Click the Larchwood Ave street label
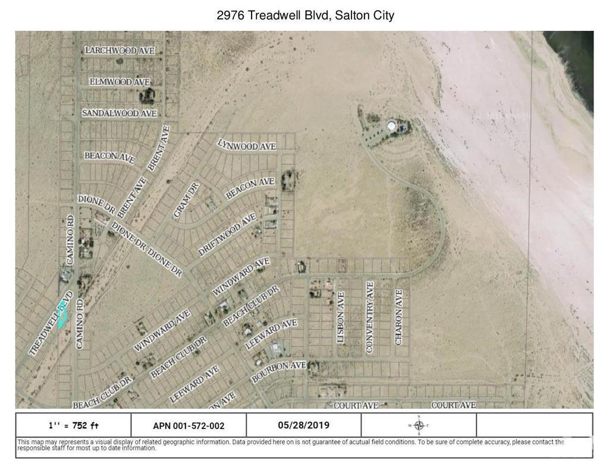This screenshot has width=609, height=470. (120, 51)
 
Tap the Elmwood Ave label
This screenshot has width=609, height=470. (120, 81)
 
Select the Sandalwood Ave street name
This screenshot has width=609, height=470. (119, 113)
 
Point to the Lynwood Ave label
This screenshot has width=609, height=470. (247, 144)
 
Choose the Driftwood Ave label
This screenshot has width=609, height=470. (228, 235)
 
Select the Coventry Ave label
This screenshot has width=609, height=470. (369, 317)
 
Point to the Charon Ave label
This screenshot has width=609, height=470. (398, 317)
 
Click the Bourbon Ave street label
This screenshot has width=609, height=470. (278, 371)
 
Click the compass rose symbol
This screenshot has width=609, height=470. (419, 425)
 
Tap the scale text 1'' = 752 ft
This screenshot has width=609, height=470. (73, 425)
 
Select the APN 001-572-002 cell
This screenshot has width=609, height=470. (189, 425)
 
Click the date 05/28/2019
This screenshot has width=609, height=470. (303, 425)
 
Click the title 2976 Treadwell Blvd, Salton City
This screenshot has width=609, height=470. (305, 15)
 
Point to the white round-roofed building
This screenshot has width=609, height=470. (393, 125)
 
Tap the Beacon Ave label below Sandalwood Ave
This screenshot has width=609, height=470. (109, 156)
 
